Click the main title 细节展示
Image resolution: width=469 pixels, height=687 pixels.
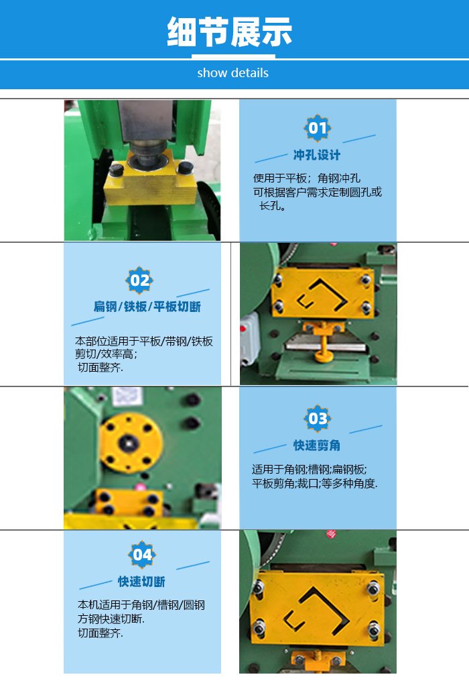(x=229, y=32)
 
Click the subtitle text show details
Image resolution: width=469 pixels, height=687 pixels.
(x=232, y=72)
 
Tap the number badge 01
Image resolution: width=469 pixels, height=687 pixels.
(x=317, y=128)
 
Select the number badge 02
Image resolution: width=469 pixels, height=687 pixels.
(x=139, y=280)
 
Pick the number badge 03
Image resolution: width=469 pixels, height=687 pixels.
(x=317, y=419)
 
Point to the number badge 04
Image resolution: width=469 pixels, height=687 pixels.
(x=142, y=554)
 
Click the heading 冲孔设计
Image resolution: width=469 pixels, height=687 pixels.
(x=317, y=155)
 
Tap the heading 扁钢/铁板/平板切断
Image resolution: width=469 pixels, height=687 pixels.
(x=147, y=306)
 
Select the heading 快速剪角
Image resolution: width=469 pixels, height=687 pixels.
(x=317, y=445)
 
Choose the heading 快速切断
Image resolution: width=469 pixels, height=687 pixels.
(x=141, y=582)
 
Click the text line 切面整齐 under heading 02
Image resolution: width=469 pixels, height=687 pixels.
(x=100, y=367)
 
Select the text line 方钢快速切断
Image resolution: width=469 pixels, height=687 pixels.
(x=111, y=619)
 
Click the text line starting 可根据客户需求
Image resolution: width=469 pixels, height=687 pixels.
(x=317, y=192)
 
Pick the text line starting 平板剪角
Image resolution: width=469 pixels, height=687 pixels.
(x=314, y=483)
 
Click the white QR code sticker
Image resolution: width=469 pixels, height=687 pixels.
(x=127, y=396)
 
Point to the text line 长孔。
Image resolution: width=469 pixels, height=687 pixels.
(x=273, y=205)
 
